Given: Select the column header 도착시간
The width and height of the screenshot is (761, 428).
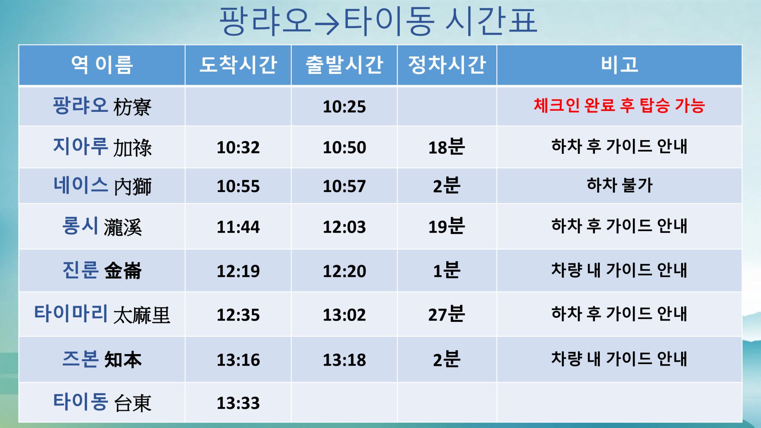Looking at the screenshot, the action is pyautogui.click(x=238, y=65).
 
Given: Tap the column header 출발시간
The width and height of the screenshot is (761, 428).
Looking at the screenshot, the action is pyautogui.click(x=344, y=65).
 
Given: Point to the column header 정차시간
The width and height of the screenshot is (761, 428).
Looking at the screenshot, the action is pyautogui.click(x=447, y=65).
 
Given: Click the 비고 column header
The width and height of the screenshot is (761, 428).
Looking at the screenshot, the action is pyautogui.click(x=619, y=65).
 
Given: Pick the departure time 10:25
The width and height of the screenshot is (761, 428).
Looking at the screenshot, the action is pyautogui.click(x=344, y=107).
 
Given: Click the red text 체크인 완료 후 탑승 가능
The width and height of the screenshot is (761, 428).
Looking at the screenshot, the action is pyautogui.click(x=619, y=106).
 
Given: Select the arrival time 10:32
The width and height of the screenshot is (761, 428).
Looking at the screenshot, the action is pyautogui.click(x=238, y=147).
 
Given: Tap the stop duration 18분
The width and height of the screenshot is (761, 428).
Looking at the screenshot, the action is pyautogui.click(x=447, y=147).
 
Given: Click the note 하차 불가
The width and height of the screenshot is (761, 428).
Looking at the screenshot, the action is pyautogui.click(x=619, y=185).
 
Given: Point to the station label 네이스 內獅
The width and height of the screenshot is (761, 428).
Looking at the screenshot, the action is pyautogui.click(x=102, y=186).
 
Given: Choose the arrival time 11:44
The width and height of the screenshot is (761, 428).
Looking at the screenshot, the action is pyautogui.click(x=238, y=227).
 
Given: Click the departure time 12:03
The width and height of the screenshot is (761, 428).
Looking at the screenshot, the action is pyautogui.click(x=344, y=227).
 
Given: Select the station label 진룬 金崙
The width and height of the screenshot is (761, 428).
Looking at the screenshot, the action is pyautogui.click(x=102, y=270).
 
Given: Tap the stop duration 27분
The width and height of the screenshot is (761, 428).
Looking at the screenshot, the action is pyautogui.click(x=447, y=314).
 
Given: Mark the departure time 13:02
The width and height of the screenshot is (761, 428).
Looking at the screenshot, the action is pyautogui.click(x=344, y=315).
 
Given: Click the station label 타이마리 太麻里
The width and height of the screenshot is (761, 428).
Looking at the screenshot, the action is pyautogui.click(x=102, y=314).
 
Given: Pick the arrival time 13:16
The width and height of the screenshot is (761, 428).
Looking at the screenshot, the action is pyautogui.click(x=238, y=360).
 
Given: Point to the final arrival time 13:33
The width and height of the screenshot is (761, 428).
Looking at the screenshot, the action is pyautogui.click(x=238, y=403).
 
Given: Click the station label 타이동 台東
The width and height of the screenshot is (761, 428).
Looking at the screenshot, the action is pyautogui.click(x=102, y=402).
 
